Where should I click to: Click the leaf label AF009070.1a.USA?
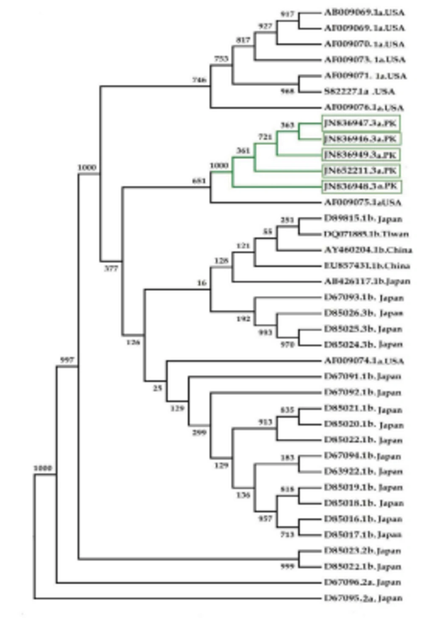[364, 44]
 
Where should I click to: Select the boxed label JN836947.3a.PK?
[360, 123]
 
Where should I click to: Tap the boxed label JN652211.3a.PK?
[360, 171]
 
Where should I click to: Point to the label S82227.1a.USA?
[360, 92]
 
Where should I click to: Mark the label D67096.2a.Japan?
[363, 582]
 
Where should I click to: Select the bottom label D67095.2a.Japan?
[363, 598]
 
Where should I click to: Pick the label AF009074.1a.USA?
[364, 361]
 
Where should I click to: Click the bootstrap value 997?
[67, 360]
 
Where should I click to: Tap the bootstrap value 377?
[111, 268]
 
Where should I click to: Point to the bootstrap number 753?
[221, 59]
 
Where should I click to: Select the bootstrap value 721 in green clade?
[265, 137]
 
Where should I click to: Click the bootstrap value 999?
[287, 566]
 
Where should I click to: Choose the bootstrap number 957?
[265, 518]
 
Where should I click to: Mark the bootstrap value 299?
[199, 432]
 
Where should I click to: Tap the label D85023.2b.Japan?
[363, 551]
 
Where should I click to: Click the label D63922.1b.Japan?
[363, 471]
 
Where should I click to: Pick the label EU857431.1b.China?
[367, 266]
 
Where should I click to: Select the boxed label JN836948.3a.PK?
[360, 187]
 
